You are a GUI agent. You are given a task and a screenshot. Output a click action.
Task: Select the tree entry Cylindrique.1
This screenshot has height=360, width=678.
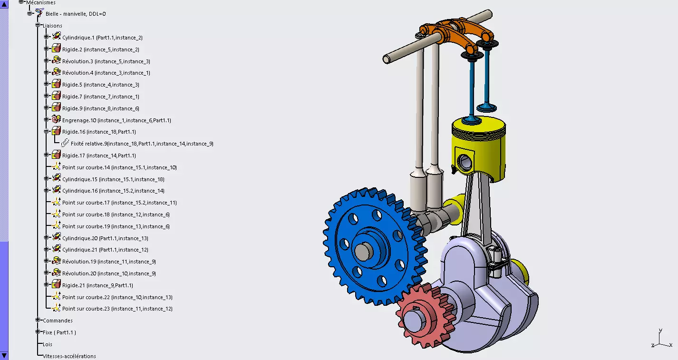click(x=102, y=38)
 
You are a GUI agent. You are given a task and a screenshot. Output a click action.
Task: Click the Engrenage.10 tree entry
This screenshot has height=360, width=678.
click(x=116, y=120)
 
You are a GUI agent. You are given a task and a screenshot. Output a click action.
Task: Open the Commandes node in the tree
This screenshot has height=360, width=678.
click(x=58, y=321)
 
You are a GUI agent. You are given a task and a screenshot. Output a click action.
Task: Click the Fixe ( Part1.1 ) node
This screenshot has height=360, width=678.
click(x=59, y=332)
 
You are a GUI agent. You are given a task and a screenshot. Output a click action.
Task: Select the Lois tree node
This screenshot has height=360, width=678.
click(x=47, y=344)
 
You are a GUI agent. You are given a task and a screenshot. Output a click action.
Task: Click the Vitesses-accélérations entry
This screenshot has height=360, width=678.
click(x=69, y=356)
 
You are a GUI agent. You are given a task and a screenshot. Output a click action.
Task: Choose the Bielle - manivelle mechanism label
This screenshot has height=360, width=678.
click(x=76, y=14)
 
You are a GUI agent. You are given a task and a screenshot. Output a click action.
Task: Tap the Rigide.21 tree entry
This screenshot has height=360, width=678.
click(x=97, y=285)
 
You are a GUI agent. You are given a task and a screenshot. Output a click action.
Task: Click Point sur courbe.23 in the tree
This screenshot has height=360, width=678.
click(x=117, y=309)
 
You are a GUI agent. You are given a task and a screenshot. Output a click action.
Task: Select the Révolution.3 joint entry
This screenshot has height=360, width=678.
click(x=106, y=61)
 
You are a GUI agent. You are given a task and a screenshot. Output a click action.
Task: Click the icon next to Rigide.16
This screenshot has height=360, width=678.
click(x=56, y=132)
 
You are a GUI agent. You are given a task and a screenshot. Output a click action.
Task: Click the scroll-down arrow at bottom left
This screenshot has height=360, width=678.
click(x=4, y=355)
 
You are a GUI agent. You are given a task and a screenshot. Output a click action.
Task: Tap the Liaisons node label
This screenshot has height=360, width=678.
click(x=52, y=26)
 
